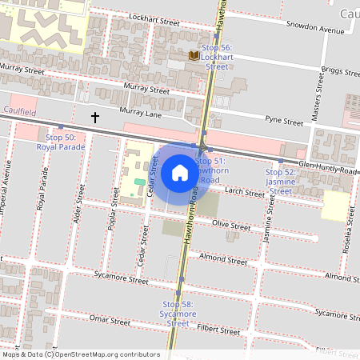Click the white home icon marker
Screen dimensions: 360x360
[180, 172]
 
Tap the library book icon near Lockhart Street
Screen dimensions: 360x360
[194, 55]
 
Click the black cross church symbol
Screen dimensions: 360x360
[95, 118]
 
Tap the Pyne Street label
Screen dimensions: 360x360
[285, 122]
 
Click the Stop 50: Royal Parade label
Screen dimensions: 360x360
[61, 142]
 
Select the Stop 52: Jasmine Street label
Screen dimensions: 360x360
[280, 182]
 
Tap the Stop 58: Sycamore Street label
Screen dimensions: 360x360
[178, 314]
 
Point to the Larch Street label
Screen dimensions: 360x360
[244, 193]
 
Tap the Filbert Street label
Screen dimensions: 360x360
[218, 328]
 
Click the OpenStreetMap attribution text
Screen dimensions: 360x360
[80, 354]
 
